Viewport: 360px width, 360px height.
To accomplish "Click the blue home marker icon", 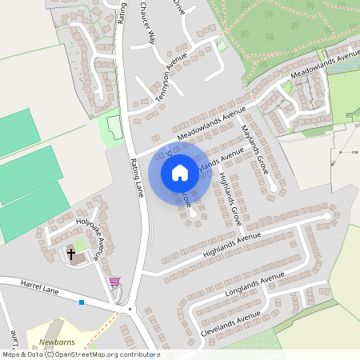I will (180, 172).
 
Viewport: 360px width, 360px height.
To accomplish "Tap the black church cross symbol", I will (71, 254).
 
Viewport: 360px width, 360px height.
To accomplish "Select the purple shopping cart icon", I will (114, 282).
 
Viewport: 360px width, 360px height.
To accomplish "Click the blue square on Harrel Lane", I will (81, 302).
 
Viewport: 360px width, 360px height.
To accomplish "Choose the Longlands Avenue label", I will (254, 286).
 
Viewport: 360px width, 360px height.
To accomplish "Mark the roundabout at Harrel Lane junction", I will (129, 308).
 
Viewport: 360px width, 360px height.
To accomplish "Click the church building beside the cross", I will (81, 257).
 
